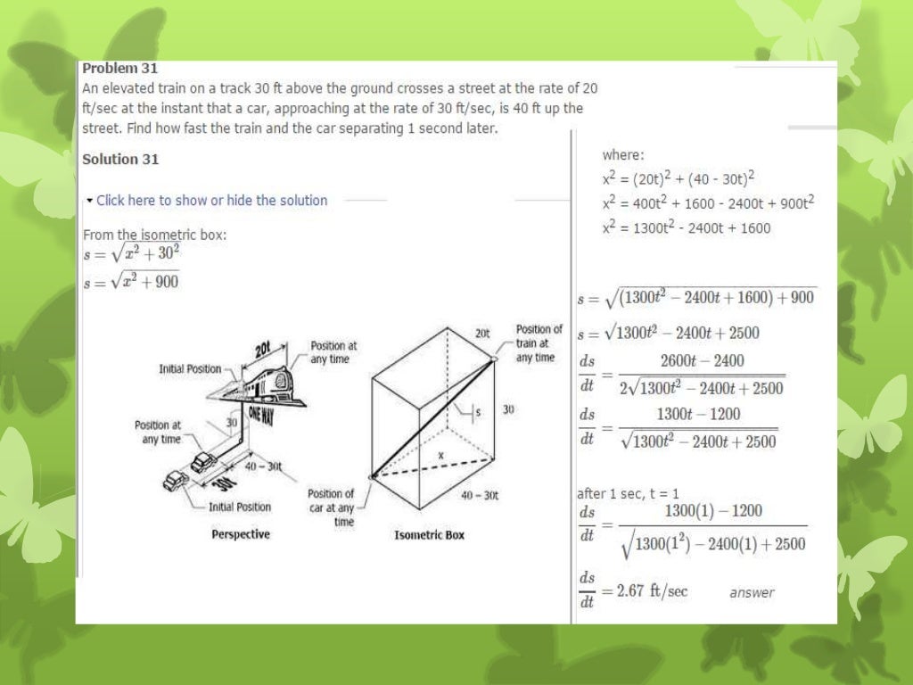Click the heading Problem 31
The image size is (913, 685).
(119, 69)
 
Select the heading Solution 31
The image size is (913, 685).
(120, 160)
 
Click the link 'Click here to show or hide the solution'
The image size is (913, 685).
(211, 201)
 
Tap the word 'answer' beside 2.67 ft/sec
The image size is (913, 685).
(752, 593)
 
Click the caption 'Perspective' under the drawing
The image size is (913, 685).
(240, 535)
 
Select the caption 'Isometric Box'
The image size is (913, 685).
(429, 535)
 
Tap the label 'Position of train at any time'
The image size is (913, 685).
(539, 343)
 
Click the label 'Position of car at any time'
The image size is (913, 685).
(331, 508)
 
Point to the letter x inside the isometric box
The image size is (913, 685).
(440, 455)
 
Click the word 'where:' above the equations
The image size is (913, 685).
(622, 155)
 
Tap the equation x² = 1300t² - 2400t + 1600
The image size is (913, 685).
(686, 228)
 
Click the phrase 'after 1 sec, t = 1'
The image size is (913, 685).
(628, 493)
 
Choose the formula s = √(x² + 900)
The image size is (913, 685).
(130, 282)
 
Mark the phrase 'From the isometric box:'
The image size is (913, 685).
(154, 235)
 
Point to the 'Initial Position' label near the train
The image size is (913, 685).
(190, 368)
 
